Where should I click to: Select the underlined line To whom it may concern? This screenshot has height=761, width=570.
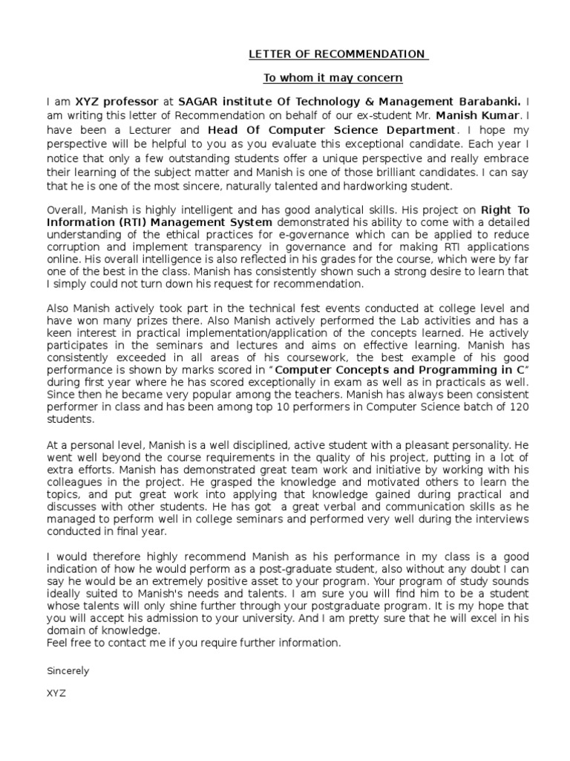click(333, 78)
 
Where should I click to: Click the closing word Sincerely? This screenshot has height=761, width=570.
click(68, 670)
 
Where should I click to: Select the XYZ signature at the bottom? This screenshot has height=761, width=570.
click(56, 693)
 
